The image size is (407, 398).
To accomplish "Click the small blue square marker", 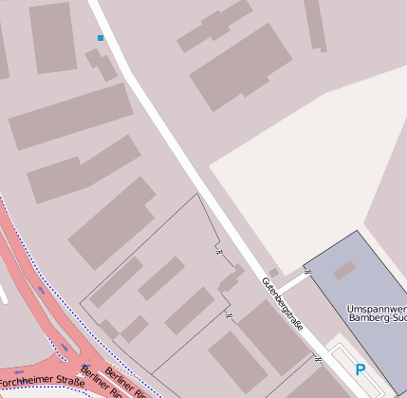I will [101, 38].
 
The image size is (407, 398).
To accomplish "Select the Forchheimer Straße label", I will [44, 382].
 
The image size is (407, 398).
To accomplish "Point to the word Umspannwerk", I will [377, 310].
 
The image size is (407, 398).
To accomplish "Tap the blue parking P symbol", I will [360, 370].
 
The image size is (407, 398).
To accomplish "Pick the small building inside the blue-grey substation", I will [344, 271].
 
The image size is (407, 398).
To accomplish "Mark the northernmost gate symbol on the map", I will [217, 252].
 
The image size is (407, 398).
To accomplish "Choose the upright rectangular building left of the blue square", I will [52, 37].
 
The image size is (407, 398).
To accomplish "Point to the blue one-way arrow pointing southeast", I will [63, 347].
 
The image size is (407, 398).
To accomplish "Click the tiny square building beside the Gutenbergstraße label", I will [274, 273].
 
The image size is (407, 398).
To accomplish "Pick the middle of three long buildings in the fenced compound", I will [161, 277].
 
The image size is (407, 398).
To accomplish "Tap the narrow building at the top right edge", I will [316, 24].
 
